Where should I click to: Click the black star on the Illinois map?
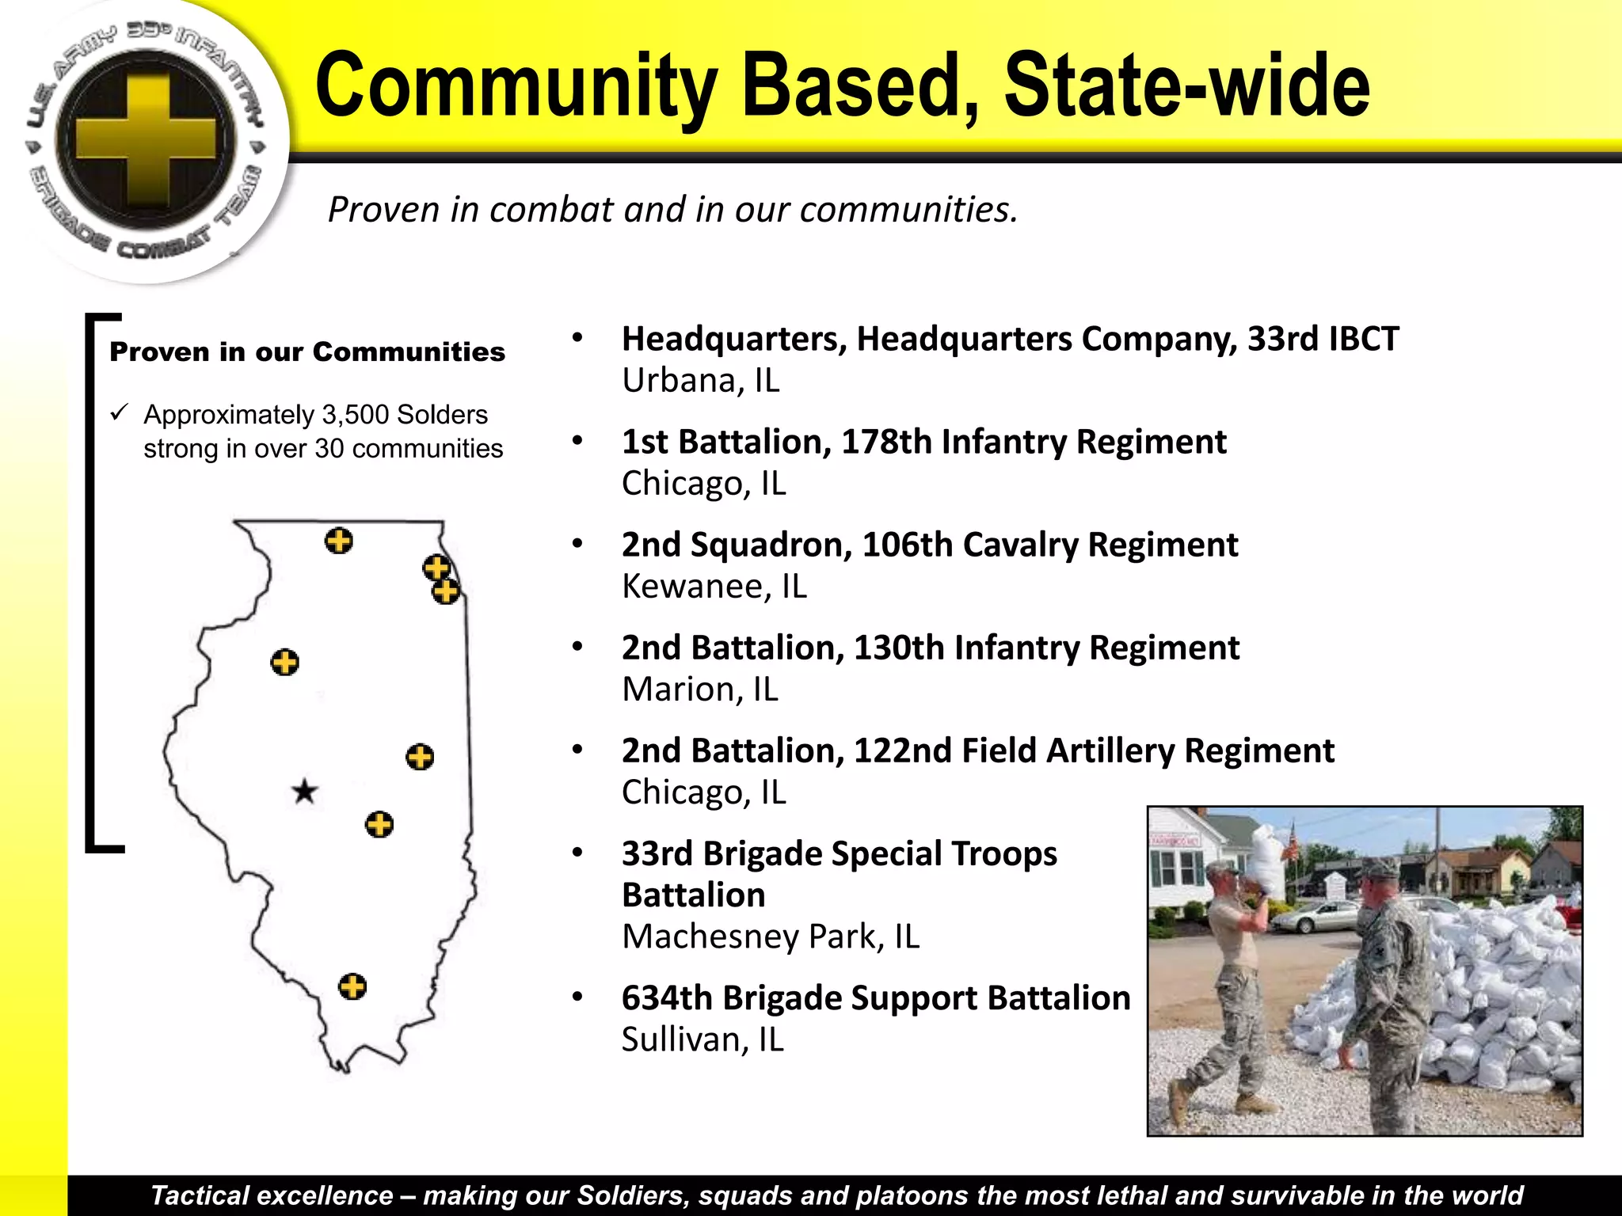[x=305, y=791]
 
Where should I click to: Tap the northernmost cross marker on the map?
[x=339, y=541]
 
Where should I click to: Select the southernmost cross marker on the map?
[x=352, y=987]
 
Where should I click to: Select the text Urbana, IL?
[x=701, y=381]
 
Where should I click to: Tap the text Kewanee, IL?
[x=714, y=587]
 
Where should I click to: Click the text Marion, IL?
[x=700, y=690]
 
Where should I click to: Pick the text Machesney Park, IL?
[x=771, y=937]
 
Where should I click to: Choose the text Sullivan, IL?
[x=702, y=1039]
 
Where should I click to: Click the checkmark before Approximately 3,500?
[x=120, y=412]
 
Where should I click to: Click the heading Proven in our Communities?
[x=307, y=351]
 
